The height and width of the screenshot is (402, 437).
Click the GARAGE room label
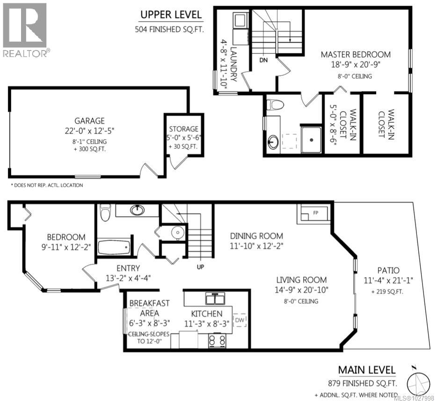(x=89, y=121)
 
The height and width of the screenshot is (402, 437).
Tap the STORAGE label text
(x=183, y=129)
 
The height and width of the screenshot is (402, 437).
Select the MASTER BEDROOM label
(x=356, y=54)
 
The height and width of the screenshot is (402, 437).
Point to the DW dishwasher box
(x=240, y=320)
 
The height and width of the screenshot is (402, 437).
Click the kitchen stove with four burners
(x=217, y=341)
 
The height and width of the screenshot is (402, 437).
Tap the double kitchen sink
(x=215, y=298)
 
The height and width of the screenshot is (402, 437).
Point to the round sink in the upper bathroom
(x=273, y=141)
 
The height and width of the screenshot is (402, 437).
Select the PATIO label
(x=388, y=270)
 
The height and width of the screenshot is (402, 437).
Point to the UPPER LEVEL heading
(x=171, y=15)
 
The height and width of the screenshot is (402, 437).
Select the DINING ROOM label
(x=256, y=236)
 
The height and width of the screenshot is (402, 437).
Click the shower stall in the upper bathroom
(x=311, y=139)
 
